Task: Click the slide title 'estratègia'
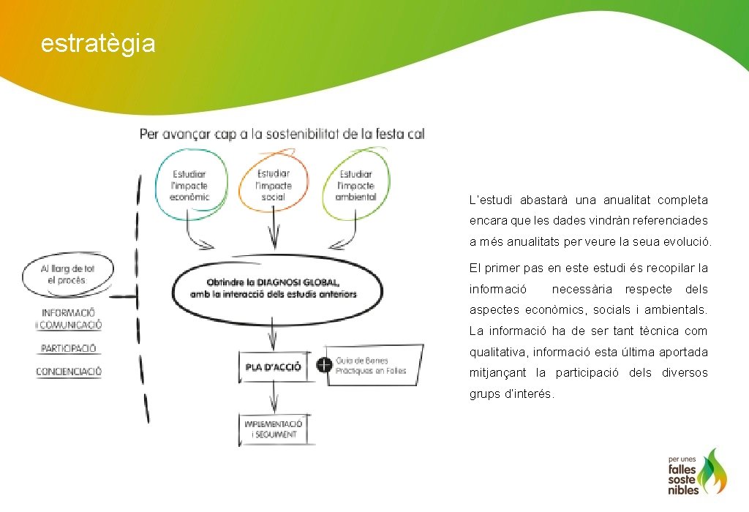98,44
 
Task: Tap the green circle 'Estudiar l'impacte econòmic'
190,185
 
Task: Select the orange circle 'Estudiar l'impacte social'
273,184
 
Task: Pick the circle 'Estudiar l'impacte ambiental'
356,185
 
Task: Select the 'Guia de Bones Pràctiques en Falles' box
373,366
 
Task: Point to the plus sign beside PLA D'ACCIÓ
321,364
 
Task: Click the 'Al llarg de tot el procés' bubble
67,274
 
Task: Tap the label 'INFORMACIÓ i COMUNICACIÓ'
72,319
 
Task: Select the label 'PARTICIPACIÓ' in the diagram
69,348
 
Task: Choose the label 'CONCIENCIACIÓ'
69,372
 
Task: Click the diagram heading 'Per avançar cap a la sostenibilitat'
282,135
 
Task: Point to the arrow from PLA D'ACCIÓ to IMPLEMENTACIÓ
273,399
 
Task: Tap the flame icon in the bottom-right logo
712,472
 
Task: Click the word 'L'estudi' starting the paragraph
489,200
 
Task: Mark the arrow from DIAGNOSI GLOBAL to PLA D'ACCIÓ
272,337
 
